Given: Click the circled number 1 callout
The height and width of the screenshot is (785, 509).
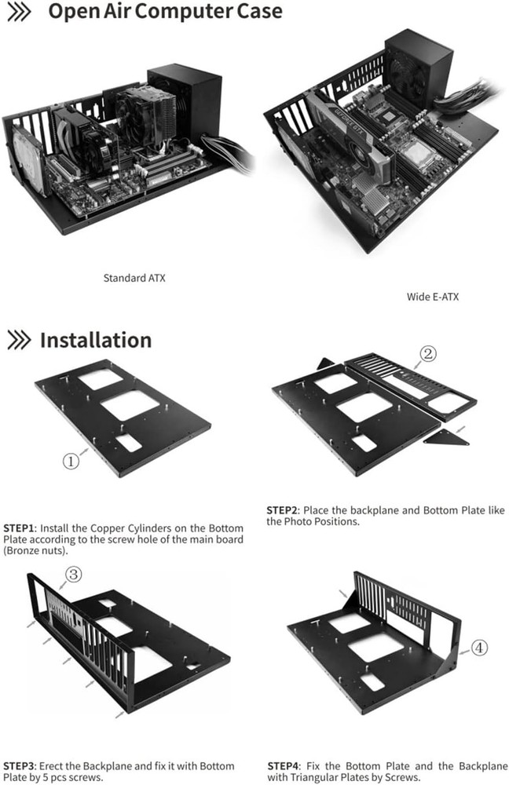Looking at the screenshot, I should coord(71,462).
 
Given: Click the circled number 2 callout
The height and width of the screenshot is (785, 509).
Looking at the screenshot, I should coord(428,354).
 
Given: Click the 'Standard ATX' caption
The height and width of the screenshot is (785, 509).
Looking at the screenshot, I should coord(134,278).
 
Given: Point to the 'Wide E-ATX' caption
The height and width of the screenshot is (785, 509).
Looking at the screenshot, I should coord(432,297).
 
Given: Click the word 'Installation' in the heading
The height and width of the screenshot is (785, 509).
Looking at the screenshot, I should coord(96,340).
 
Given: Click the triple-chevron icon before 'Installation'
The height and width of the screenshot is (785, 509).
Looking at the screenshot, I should coord(19,340).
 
